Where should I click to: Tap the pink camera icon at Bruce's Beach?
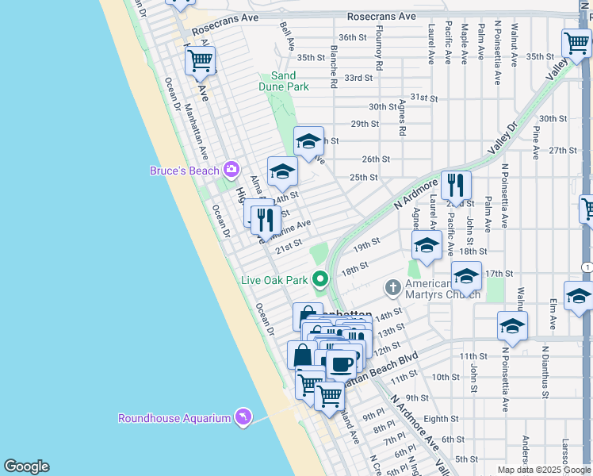[x=231, y=168]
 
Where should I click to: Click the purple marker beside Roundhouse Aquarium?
[x=243, y=416]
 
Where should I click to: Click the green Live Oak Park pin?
[x=320, y=279]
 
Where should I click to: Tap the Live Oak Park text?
[x=274, y=280]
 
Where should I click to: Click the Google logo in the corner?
[x=26, y=466]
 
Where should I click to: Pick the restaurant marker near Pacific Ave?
[x=456, y=186]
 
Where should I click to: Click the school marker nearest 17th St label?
[x=466, y=277]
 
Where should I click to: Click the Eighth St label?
[x=441, y=418]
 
